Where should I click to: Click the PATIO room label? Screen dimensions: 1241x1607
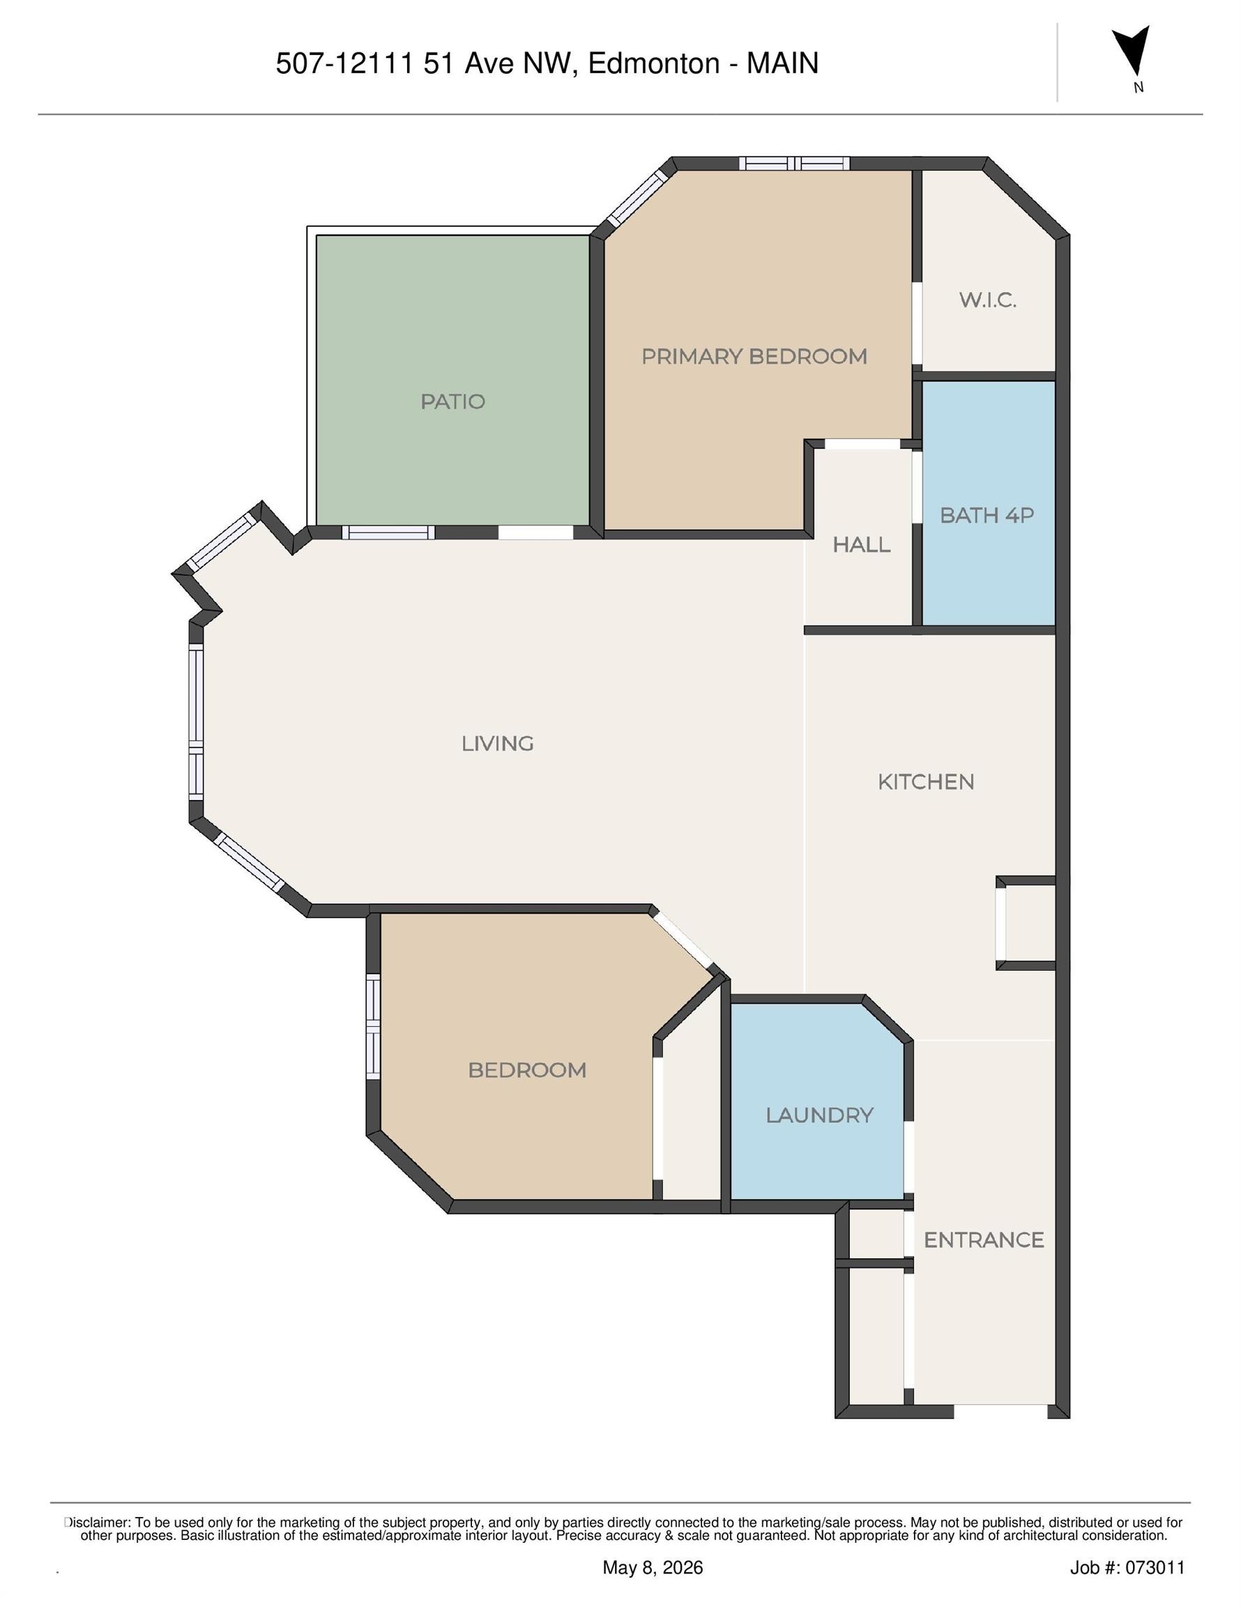click(452, 402)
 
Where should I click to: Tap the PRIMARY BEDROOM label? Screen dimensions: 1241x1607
click(754, 357)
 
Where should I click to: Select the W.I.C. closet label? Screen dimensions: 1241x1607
click(988, 300)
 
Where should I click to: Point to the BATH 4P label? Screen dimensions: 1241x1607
click(987, 515)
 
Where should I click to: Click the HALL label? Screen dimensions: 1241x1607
click(862, 545)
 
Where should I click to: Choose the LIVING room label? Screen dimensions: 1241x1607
click(497, 744)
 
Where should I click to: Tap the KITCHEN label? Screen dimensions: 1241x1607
click(926, 781)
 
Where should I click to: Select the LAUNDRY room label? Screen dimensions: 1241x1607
click(819, 1115)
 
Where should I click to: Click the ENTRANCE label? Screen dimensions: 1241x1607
click(984, 1240)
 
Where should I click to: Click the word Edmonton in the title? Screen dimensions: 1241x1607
click(653, 63)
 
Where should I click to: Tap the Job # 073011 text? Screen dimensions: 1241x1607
click(1127, 1567)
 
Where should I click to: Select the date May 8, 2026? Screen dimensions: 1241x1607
click(653, 1567)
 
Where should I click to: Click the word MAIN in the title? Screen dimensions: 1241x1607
click(782, 63)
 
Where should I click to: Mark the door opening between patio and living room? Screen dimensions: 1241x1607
click(535, 532)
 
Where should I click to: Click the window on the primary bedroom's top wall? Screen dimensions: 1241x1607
click(795, 163)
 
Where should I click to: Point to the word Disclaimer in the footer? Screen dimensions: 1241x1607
click(98, 1523)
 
